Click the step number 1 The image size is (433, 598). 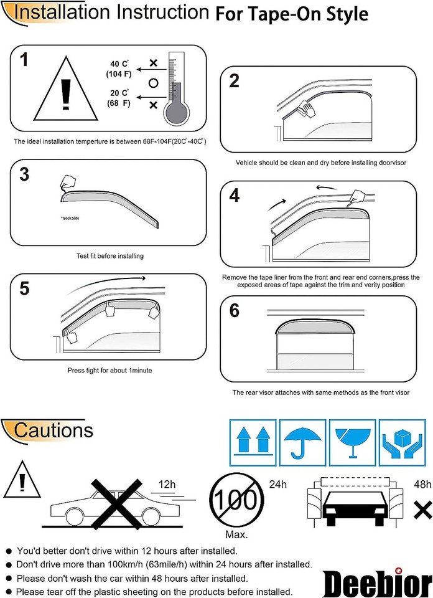pyautogui.click(x=24, y=60)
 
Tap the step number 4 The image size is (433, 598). pyautogui.click(x=235, y=196)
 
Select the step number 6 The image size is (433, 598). pyautogui.click(x=235, y=310)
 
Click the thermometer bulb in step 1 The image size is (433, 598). pyautogui.click(x=177, y=112)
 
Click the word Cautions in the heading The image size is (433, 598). pyautogui.click(x=54, y=430)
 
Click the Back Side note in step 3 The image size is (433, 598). pyautogui.click(x=72, y=219)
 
